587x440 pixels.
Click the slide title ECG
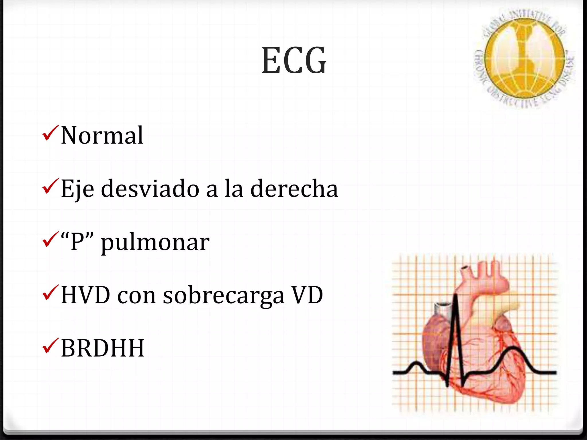294,61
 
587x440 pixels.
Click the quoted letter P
77,242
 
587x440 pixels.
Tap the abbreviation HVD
86,295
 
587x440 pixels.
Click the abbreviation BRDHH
102,348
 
